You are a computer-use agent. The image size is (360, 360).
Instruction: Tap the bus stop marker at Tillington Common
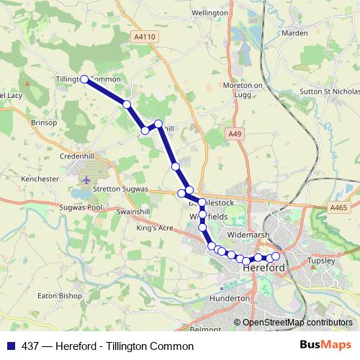(x=84, y=79)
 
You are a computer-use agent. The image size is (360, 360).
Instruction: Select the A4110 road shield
(x=145, y=35)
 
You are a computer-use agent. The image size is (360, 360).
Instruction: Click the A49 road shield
(x=233, y=134)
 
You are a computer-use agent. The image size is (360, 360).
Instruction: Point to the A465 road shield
(x=339, y=207)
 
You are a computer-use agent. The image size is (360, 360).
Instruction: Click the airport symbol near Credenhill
(x=87, y=179)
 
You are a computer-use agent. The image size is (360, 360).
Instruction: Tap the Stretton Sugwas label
(x=120, y=189)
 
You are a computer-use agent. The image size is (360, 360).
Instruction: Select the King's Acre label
(x=155, y=228)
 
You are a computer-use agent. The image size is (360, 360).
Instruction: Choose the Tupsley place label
(x=322, y=260)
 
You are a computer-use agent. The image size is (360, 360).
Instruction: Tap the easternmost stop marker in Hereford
(x=275, y=256)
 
